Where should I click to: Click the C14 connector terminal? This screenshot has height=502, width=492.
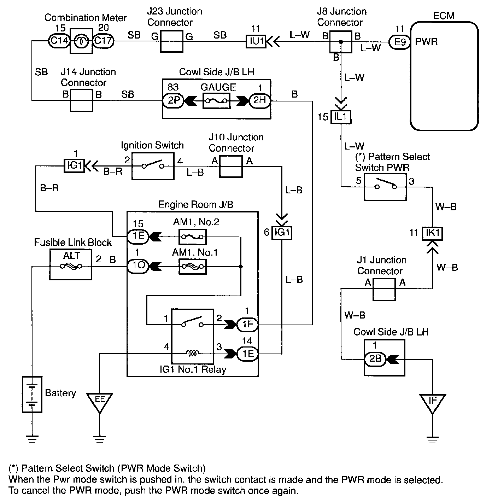point(59,41)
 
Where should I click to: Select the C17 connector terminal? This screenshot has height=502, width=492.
point(103,41)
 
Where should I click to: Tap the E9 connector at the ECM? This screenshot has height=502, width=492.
point(400,42)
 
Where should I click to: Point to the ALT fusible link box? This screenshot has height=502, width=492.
point(71,264)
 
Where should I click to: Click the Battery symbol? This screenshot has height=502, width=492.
point(32,394)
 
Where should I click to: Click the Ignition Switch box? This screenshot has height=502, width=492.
point(153,166)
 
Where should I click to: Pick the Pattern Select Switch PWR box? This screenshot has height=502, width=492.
point(385,187)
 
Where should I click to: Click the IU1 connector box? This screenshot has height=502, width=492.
point(256,41)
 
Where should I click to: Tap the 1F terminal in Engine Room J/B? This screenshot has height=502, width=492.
point(247,324)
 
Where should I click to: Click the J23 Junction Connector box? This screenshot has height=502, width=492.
point(172,41)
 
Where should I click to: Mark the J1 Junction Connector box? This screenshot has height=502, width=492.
point(384,289)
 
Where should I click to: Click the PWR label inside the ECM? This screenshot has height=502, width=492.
point(426,42)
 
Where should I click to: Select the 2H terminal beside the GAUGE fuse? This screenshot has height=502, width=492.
point(260,101)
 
